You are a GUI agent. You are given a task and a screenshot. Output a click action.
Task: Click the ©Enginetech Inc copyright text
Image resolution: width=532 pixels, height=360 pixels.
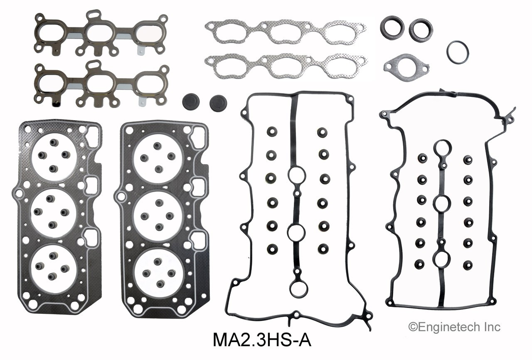pos(455,327)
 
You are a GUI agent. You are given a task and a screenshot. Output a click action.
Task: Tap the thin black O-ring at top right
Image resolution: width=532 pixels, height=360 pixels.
pos(458,52)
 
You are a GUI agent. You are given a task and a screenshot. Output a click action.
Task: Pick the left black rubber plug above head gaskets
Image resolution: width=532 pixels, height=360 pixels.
pos(191,102)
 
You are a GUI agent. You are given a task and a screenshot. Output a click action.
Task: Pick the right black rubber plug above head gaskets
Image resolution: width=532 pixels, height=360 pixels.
pos(218,102)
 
